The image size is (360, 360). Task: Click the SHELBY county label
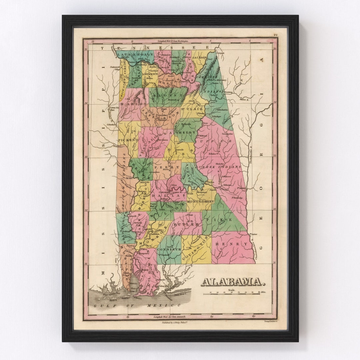(188, 132)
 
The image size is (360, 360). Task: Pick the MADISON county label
(178, 61)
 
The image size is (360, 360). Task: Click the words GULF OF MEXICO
(137, 305)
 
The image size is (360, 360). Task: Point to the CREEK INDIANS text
(220, 166)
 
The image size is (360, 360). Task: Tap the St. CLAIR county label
(189, 108)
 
